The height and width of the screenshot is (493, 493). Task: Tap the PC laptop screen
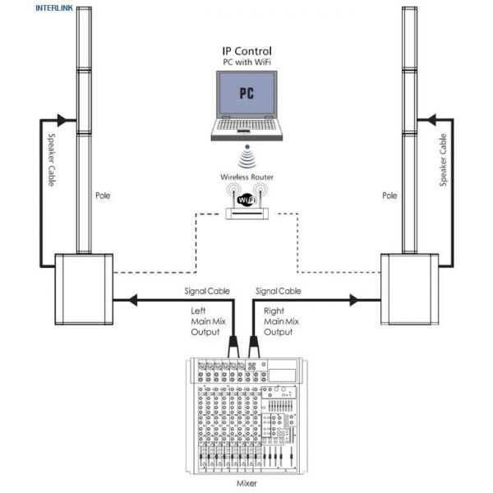[x=246, y=92]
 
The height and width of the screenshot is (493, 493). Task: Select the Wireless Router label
[x=246, y=177]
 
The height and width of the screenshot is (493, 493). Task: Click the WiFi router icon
[x=246, y=202]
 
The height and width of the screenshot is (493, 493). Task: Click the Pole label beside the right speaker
[x=389, y=196]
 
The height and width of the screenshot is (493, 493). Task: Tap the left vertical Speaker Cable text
[x=51, y=159]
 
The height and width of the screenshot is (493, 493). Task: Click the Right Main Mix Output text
[x=279, y=321]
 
